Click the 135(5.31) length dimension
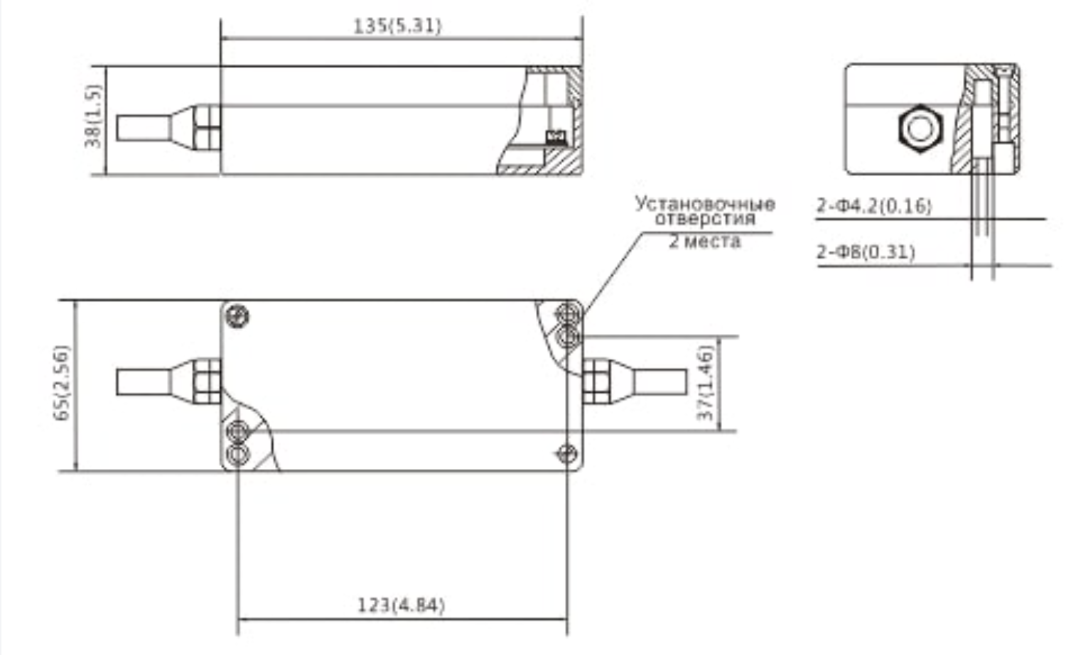tap(397, 26)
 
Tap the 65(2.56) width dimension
tap(63, 383)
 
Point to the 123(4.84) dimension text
tap(401, 605)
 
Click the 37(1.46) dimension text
tap(705, 383)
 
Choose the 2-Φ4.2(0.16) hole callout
tap(873, 206)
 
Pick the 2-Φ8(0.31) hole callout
tap(866, 252)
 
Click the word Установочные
tap(704, 204)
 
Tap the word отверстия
tap(704, 218)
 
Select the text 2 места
tap(704, 242)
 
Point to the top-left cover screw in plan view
tap(238, 315)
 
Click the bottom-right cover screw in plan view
tap(566, 452)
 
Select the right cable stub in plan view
tap(659, 382)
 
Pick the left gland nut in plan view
tap(206, 381)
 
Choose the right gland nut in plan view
tap(596, 381)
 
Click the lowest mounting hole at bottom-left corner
tap(237, 454)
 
